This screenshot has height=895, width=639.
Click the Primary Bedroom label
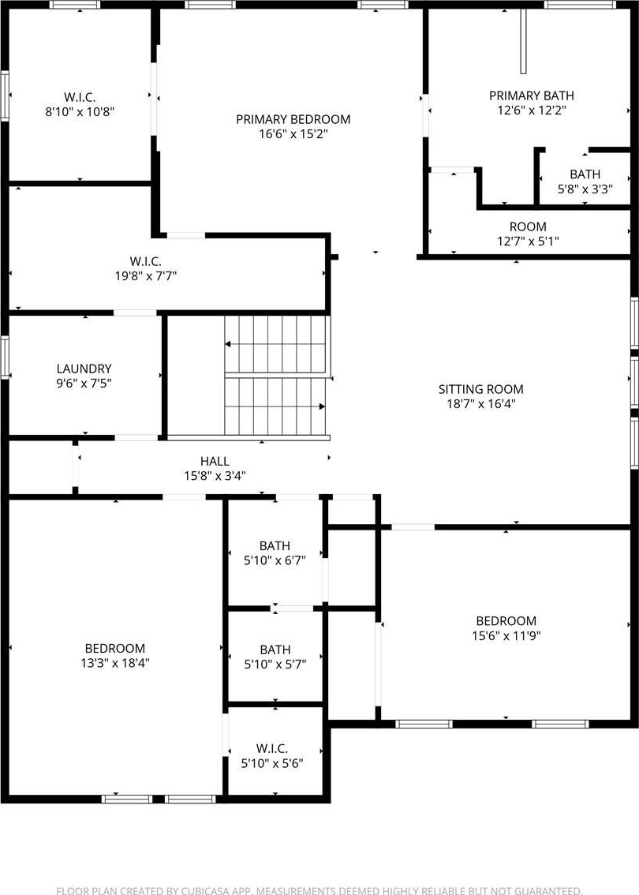pyautogui.click(x=293, y=119)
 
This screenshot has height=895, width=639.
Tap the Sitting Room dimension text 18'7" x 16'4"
pyautogui.click(x=481, y=404)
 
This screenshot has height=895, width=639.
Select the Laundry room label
pyautogui.click(x=84, y=369)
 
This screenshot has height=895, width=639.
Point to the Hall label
pyautogui.click(x=215, y=461)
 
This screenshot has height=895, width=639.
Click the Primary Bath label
pyautogui.click(x=532, y=95)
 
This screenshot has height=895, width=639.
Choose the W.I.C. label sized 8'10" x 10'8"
pyautogui.click(x=80, y=97)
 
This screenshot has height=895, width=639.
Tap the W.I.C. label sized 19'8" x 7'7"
pyautogui.click(x=145, y=261)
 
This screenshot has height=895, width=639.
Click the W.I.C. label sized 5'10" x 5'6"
pyautogui.click(x=272, y=748)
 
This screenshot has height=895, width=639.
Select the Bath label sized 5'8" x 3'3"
pyautogui.click(x=585, y=174)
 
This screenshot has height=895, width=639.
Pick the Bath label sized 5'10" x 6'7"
pyautogui.click(x=275, y=545)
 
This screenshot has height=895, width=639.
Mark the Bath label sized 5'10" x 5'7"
pyautogui.click(x=275, y=650)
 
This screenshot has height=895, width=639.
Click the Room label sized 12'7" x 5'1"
pyautogui.click(x=528, y=226)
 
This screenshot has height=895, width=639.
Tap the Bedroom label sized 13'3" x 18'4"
pyautogui.click(x=114, y=649)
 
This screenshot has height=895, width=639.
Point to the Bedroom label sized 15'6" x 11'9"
pyautogui.click(x=506, y=621)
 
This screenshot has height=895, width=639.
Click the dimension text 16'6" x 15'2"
pyautogui.click(x=293, y=134)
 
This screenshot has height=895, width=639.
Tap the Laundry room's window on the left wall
pyautogui.click(x=5, y=358)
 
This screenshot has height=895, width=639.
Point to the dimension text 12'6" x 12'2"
pyautogui.click(x=532, y=110)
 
